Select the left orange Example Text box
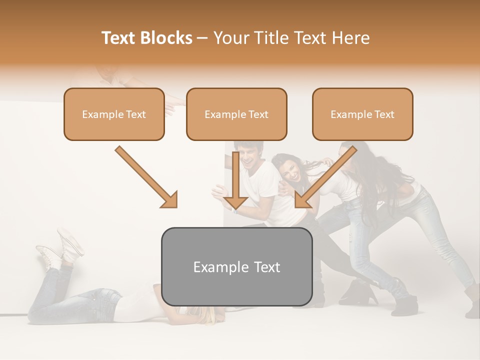(114, 114)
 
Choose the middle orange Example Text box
(236, 114)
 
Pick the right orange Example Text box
(362, 114)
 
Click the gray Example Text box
(236, 266)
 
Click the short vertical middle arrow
(235, 185)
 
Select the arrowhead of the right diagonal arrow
(302, 200)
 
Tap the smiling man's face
(248, 156)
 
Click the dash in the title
(202, 38)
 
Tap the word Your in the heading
(229, 38)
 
